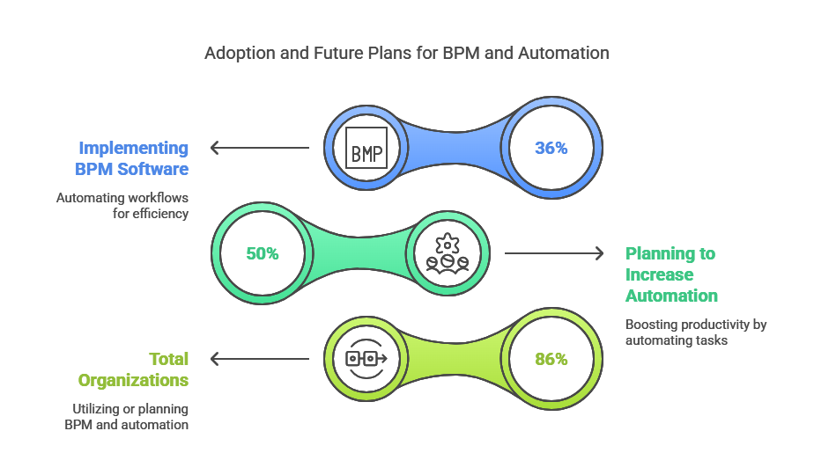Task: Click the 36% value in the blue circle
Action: (551, 149)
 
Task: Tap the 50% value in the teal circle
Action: (263, 253)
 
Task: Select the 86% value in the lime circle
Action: (551, 359)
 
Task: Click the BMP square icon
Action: (366, 148)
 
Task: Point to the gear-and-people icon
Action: (447, 253)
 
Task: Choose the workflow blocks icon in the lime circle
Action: (366, 358)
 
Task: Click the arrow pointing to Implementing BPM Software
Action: (260, 148)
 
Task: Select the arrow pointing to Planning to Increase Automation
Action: (554, 253)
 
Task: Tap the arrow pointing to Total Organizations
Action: (260, 359)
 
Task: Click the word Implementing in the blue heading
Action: (133, 149)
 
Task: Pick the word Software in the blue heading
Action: (152, 169)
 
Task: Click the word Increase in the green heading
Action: (659, 274)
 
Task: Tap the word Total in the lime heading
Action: (169, 359)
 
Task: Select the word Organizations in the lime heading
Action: (133, 381)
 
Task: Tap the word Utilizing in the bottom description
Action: (95, 409)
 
